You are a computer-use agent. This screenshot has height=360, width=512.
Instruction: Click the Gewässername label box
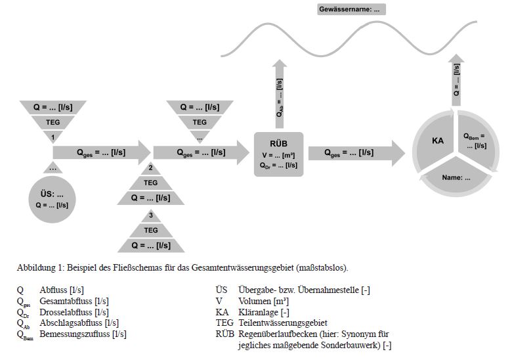click(x=351, y=10)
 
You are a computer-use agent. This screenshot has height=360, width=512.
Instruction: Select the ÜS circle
click(x=52, y=200)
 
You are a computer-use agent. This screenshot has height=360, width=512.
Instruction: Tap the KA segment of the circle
click(x=438, y=141)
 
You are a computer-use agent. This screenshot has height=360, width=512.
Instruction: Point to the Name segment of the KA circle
click(x=457, y=177)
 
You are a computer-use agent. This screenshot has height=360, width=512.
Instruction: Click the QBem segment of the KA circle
click(x=474, y=141)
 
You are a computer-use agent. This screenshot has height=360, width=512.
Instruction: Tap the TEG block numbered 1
click(x=53, y=122)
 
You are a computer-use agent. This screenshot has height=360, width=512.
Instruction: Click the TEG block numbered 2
click(x=150, y=183)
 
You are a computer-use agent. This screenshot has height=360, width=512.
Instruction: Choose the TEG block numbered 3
click(x=150, y=231)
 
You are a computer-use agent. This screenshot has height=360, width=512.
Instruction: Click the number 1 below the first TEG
click(x=53, y=137)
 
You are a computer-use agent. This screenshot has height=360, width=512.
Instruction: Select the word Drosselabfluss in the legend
click(x=65, y=312)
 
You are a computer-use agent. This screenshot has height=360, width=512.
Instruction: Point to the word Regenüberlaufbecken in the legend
click(x=276, y=334)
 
